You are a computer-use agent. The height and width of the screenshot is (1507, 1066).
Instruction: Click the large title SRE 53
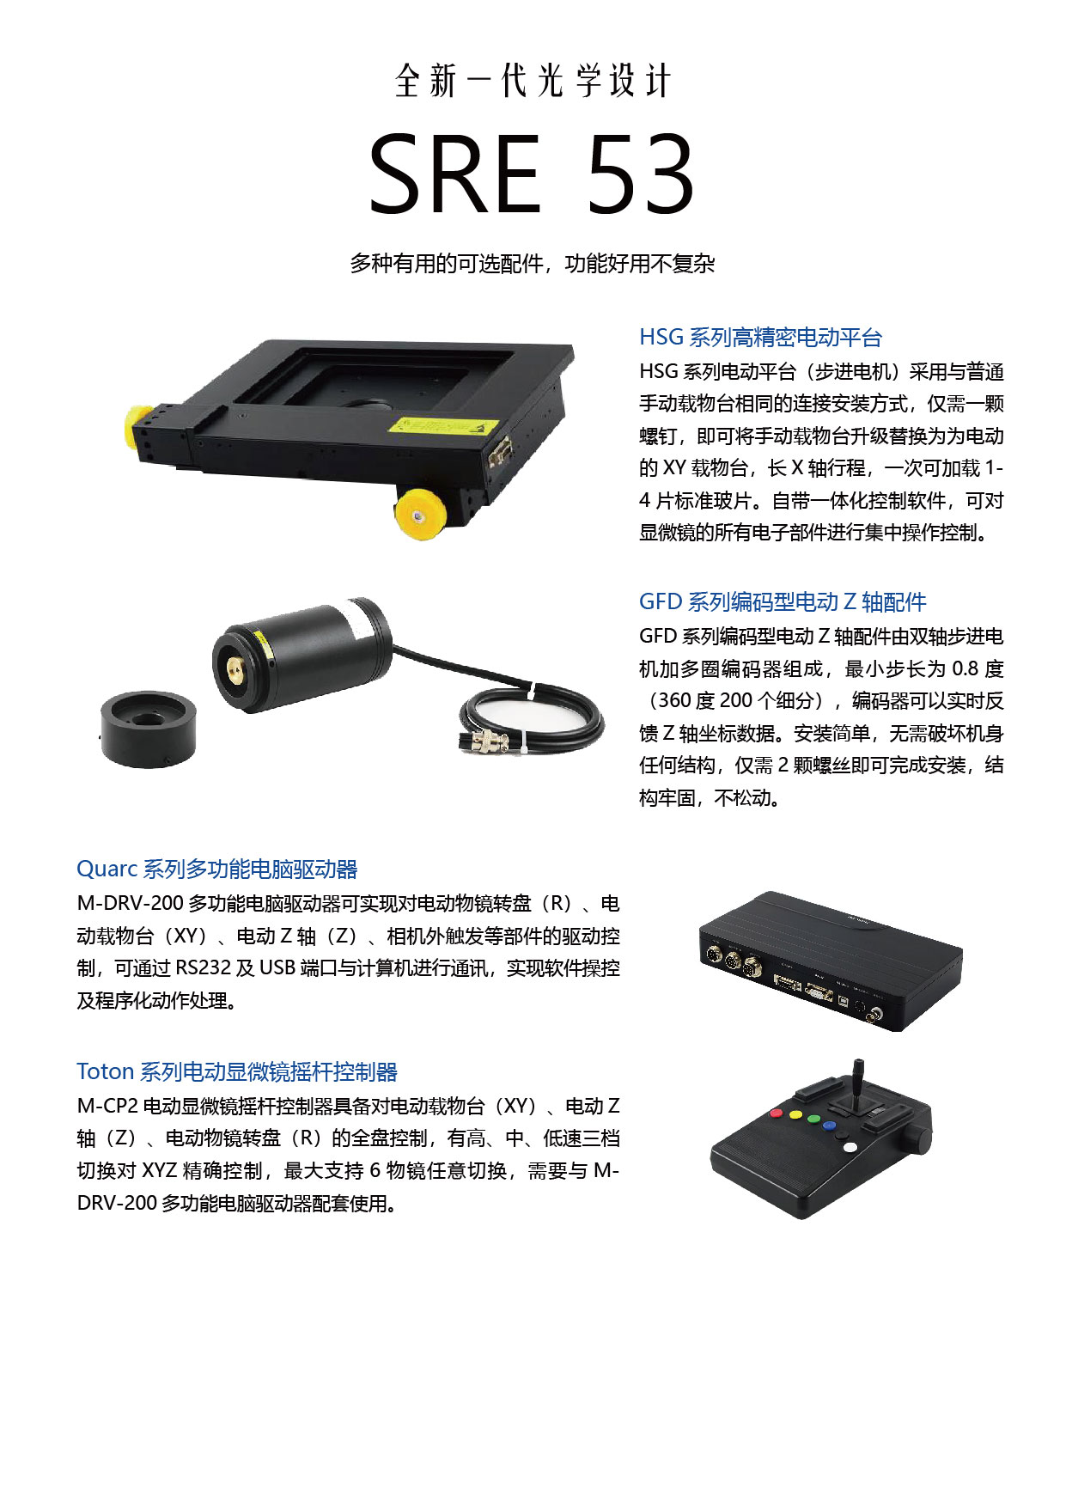click(532, 174)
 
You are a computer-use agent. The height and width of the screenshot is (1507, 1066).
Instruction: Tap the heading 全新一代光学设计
click(533, 81)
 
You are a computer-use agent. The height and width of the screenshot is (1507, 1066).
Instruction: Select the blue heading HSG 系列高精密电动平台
click(760, 338)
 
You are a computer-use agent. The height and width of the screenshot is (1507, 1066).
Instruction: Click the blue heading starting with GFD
click(783, 602)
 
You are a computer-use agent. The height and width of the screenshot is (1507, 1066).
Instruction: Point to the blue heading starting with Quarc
click(217, 869)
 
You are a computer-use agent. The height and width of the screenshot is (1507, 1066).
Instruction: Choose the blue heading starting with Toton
click(237, 1072)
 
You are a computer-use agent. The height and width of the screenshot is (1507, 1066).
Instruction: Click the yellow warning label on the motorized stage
click(443, 425)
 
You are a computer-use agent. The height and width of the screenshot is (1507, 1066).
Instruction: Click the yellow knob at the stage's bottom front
click(418, 515)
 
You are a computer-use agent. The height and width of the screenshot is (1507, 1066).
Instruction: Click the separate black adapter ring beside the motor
click(148, 729)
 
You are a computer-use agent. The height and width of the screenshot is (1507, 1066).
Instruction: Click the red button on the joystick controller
click(777, 1113)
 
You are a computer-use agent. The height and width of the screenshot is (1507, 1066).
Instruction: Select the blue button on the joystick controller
click(829, 1126)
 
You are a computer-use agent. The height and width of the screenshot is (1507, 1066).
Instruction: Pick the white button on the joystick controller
click(850, 1147)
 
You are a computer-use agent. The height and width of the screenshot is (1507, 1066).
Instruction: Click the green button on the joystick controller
click(795, 1116)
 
